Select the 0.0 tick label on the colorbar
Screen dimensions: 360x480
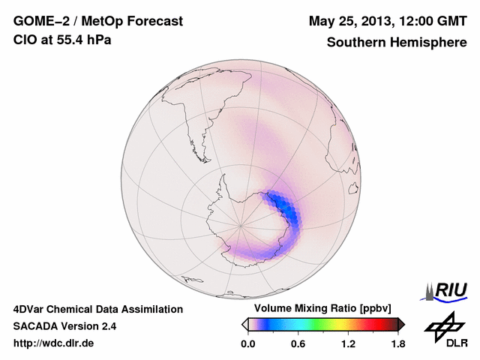click(247, 344)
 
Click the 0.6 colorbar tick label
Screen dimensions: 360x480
click(298, 344)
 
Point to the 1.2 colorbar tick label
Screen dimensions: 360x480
click(348, 344)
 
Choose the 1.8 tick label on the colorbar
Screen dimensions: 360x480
click(398, 344)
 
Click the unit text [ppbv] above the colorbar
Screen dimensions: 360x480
click(373, 309)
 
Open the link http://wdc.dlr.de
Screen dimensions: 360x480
click(55, 343)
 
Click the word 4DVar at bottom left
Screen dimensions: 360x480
click(28, 309)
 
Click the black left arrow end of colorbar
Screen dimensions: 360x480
click(244, 324)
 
